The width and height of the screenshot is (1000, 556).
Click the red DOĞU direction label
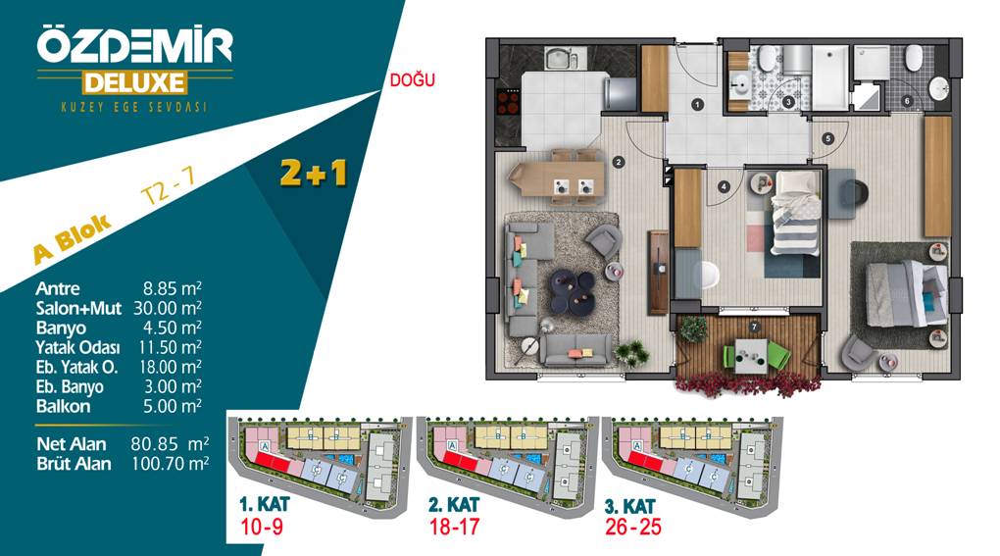pos(412,79)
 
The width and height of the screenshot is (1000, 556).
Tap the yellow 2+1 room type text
pos(313,173)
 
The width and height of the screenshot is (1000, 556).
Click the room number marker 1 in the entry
pos(698,105)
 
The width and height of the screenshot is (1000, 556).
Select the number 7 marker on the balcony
pos(755,328)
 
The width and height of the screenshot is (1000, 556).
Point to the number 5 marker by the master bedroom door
pos(827,138)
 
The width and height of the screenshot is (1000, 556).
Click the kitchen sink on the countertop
pos(561,60)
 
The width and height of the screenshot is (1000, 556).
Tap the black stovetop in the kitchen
pos(508,102)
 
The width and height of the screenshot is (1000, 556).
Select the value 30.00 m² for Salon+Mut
pos(167,308)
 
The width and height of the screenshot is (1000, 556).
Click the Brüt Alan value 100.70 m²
pos(170,463)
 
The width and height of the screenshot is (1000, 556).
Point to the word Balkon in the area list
pos(63,406)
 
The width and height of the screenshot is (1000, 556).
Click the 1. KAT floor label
pos(264,504)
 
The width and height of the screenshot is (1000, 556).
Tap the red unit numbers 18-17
pos(454,527)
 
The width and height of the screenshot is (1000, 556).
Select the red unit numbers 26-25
pos(632,527)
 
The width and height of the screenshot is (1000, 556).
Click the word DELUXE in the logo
pos(134,83)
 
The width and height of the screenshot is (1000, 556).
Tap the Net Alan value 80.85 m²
pos(170,443)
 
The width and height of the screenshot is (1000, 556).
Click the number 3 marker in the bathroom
pos(789,102)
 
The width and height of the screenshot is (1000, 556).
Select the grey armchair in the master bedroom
pos(859,351)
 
